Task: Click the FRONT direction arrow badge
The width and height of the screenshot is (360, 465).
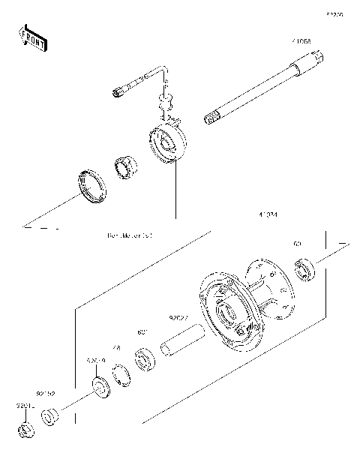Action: click(32, 38)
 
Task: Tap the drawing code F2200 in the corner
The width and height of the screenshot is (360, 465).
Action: click(334, 13)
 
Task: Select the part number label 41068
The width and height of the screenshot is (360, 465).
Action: click(302, 42)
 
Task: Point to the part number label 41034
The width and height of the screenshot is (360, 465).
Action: click(268, 215)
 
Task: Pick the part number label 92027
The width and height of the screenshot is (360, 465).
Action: click(178, 317)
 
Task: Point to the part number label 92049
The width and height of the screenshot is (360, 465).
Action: click(95, 361)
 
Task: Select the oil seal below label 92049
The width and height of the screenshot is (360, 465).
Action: click(98, 388)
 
